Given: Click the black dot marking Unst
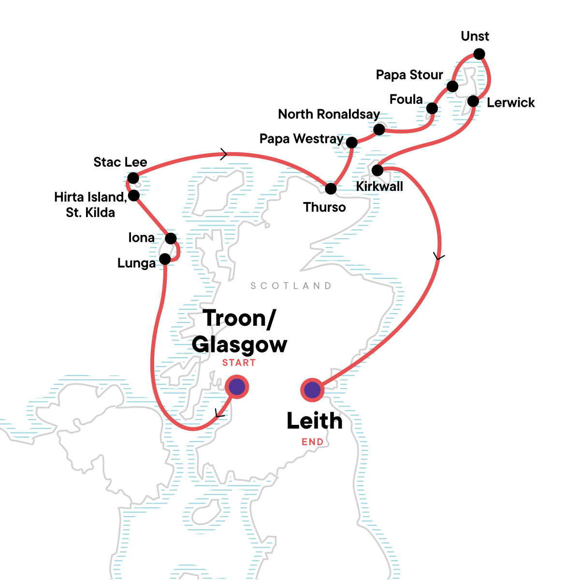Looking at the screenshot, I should (479, 54).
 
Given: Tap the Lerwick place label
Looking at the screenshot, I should (510, 102).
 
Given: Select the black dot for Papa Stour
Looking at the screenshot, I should (452, 87).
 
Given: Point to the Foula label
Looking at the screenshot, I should (406, 100).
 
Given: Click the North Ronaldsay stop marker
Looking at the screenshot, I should (379, 130).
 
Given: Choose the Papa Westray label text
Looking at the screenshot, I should (301, 139).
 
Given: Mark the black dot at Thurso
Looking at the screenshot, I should (331, 188).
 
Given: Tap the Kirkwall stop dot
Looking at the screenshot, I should (377, 170).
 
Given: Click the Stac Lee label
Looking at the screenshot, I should (120, 162).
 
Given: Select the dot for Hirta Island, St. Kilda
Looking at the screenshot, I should (134, 195).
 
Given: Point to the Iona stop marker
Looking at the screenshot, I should (171, 238).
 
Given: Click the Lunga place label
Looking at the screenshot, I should (136, 263).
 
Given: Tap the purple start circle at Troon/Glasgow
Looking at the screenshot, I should (237, 387).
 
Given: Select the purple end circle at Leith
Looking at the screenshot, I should (313, 390).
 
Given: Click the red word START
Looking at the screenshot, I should (239, 363).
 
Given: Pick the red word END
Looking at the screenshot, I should (312, 442).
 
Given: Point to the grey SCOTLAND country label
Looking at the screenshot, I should (291, 286).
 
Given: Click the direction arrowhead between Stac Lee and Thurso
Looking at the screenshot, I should (223, 154).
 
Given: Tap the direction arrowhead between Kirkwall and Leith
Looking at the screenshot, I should (438, 256).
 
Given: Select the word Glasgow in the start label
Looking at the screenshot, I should (239, 345).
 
